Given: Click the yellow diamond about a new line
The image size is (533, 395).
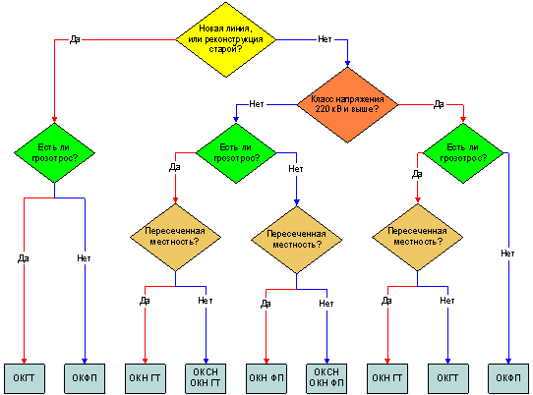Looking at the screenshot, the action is [226, 39].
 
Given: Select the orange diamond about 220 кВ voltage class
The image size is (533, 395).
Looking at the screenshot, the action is [347, 104].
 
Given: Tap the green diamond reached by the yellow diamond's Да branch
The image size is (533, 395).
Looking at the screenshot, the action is [54, 153].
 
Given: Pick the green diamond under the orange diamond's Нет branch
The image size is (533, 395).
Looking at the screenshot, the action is [236, 153].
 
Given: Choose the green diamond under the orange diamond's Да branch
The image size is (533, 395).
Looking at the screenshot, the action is [463, 153].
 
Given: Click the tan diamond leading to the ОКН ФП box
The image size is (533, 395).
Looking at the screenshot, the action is [296, 240].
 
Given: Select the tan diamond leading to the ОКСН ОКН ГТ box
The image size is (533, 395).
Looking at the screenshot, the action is [175, 237].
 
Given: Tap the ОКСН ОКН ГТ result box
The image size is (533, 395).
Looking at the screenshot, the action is [206, 378].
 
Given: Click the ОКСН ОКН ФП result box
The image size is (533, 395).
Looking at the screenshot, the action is [326, 378].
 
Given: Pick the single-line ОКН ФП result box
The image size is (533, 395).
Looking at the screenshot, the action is [266, 378].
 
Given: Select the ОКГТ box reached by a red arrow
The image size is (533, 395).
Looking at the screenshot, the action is [25, 378].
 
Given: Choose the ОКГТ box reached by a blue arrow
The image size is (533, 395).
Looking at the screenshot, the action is [447, 378].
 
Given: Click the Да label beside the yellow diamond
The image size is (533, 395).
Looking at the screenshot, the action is [75, 39].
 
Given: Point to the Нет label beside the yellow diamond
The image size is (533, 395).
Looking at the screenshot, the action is [325, 39].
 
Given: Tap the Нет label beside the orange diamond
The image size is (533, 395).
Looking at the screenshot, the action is [256, 104].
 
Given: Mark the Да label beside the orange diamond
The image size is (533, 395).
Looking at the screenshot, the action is [439, 104].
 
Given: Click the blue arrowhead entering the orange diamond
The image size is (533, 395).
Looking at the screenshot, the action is [347, 64].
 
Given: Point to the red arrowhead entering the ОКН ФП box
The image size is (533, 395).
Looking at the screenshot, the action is [266, 361].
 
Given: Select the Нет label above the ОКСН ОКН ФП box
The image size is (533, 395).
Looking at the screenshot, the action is [326, 304].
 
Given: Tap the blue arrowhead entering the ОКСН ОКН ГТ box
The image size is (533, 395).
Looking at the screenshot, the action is [206, 361].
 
